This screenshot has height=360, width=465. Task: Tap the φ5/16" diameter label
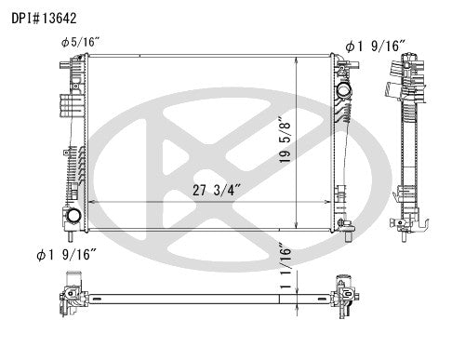click(x=79, y=42)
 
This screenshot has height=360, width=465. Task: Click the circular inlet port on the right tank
click(x=345, y=94)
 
